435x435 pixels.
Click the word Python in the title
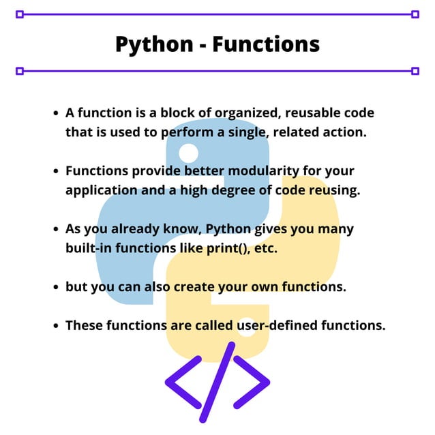pyautogui.click(x=154, y=44)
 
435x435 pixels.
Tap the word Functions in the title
pyautogui.click(x=266, y=44)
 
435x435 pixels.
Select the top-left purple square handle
pyautogui.click(x=20, y=14)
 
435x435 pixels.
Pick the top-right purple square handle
pyautogui.click(x=415, y=14)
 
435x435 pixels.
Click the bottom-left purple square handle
pyautogui.click(x=20, y=70)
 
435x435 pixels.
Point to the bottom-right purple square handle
pyautogui.click(x=415, y=70)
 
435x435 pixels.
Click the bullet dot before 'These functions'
pyautogui.click(x=56, y=326)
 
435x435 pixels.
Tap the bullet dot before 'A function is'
pyautogui.click(x=56, y=113)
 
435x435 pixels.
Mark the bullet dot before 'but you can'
pyautogui.click(x=56, y=288)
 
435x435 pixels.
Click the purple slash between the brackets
pyautogui.click(x=217, y=382)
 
